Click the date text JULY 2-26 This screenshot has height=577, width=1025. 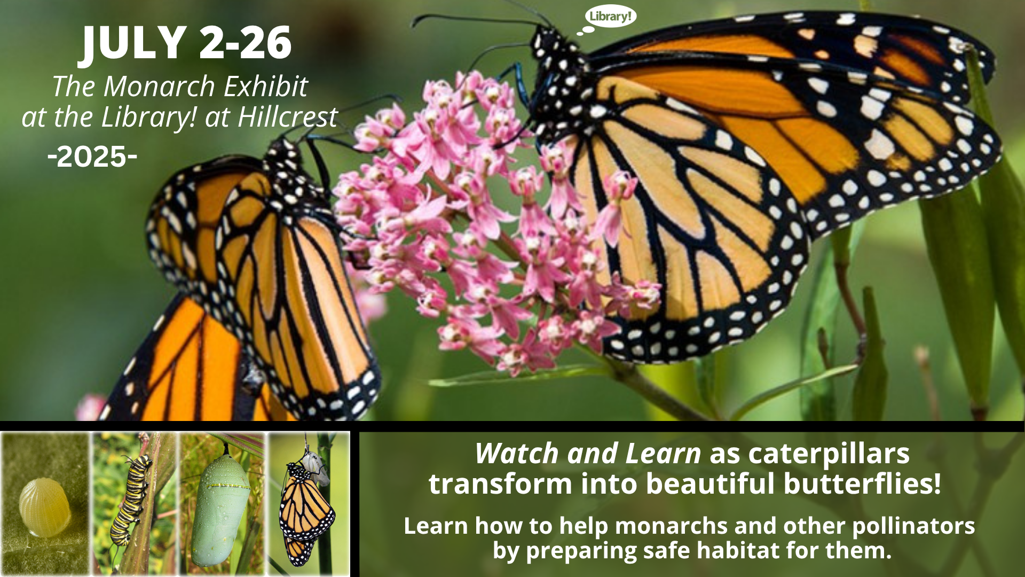(187, 43)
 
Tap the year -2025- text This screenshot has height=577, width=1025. (92, 157)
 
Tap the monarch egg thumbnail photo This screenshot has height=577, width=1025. (45, 504)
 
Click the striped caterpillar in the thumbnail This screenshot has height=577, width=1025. (130, 500)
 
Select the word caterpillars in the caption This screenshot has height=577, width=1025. (829, 454)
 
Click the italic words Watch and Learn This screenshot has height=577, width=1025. (588, 454)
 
